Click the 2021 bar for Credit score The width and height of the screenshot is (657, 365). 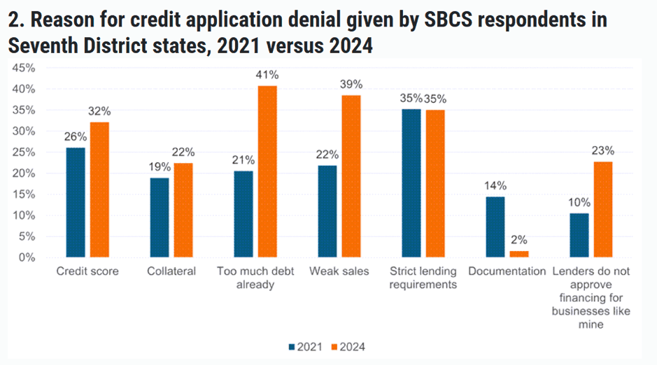tap(76, 202)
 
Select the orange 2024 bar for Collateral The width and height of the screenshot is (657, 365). tap(183, 210)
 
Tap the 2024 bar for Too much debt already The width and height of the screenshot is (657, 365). tap(267, 171)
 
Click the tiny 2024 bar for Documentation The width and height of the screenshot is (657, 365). tap(519, 254)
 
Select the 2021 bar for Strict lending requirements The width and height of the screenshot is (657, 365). tap(411, 183)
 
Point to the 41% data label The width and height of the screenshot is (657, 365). tap(268, 74)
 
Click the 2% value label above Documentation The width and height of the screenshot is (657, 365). tap(519, 239)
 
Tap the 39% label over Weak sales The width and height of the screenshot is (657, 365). tap(351, 84)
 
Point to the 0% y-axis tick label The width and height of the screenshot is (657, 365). tap(27, 257)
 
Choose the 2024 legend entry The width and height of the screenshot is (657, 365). tap(348, 347)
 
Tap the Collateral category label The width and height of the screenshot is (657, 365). tap(171, 271)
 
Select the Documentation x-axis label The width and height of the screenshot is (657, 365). tap(507, 271)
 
